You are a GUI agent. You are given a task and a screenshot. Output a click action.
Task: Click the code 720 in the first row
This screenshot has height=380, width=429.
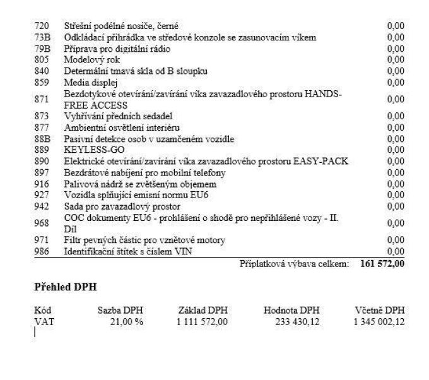tap(41, 26)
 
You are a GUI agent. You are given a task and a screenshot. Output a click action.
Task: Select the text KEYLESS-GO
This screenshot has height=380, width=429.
tap(88, 150)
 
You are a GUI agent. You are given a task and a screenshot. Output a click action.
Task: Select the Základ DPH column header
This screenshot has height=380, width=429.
tap(203, 310)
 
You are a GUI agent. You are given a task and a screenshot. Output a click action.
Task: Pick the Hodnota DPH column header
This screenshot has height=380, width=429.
tap(291, 310)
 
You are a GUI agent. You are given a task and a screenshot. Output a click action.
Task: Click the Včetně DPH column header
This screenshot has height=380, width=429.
tap(380, 310)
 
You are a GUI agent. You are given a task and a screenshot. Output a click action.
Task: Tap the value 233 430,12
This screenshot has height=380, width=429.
tap(298, 321)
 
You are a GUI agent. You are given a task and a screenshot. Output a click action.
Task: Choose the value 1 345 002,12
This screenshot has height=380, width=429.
tap(379, 321)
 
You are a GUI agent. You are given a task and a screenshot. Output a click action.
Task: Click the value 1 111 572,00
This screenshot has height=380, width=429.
tap(202, 321)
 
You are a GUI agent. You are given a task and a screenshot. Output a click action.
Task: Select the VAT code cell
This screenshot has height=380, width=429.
tap(42, 321)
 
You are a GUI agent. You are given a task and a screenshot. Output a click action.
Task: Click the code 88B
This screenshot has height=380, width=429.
tap(42, 139)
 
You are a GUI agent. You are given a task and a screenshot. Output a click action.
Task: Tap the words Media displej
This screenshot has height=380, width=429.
tap(88, 82)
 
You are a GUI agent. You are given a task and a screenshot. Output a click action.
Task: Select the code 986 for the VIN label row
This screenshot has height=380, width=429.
tap(41, 252)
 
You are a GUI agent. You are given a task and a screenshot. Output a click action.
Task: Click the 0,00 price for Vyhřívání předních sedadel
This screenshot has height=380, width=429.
tap(396, 116)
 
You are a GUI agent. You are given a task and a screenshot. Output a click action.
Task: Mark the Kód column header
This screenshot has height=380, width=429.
tap(42, 310)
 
